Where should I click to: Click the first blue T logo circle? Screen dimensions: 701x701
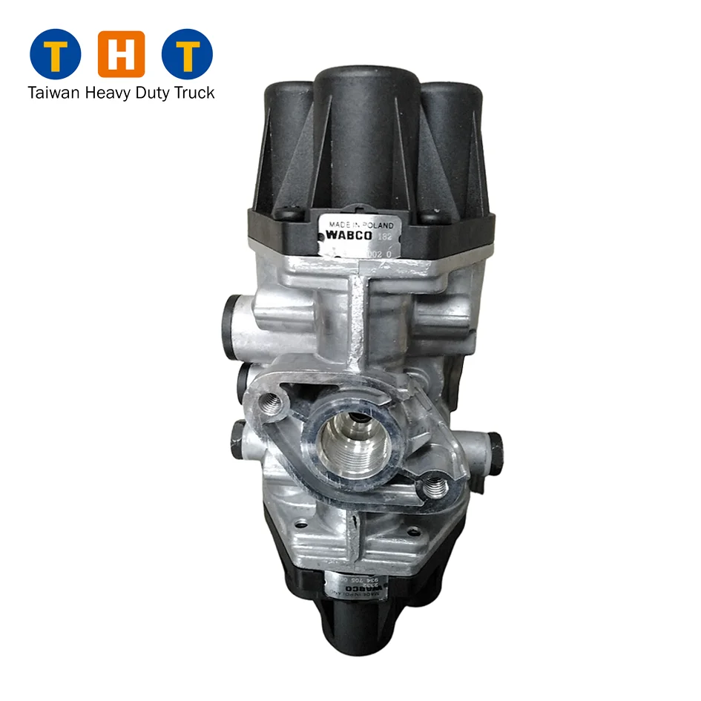[x=54, y=54]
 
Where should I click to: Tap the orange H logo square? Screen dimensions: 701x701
[x=122, y=54]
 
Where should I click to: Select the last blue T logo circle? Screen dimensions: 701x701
[x=188, y=54]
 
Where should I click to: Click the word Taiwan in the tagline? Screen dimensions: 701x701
[x=53, y=93]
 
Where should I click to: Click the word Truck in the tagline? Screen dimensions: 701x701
[x=193, y=93]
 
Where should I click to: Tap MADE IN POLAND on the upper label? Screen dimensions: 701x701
[x=361, y=223]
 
